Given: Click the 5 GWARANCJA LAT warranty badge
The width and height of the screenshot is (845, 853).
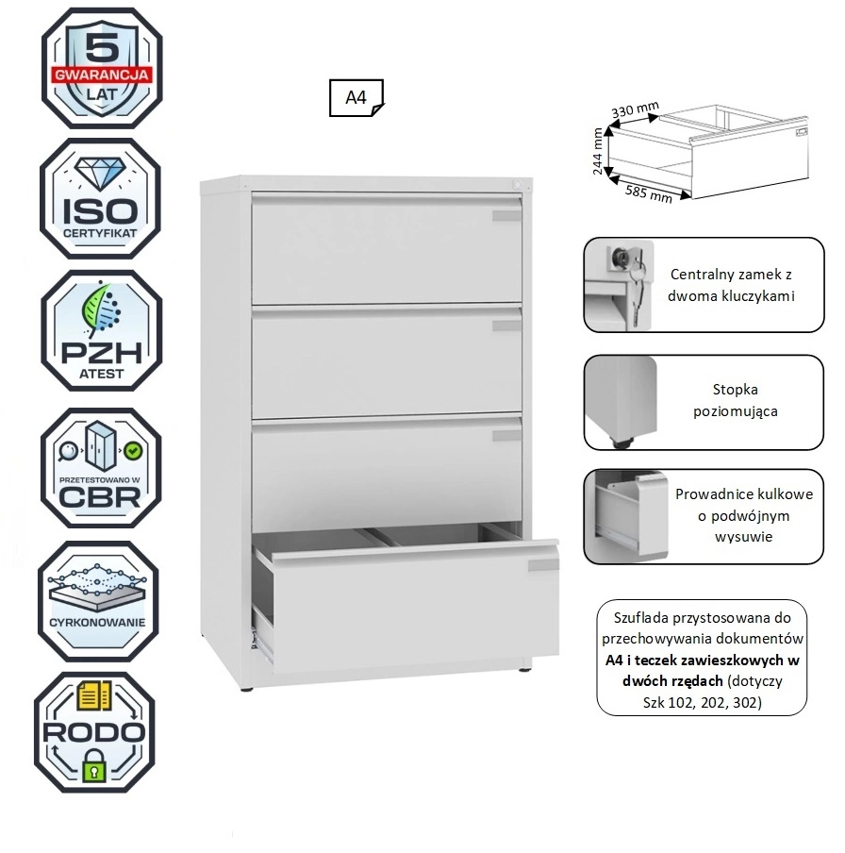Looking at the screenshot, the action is point(102,68).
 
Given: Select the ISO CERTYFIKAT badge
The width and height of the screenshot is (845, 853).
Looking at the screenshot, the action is point(101,198).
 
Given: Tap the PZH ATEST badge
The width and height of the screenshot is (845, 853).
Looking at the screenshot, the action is point(102,331).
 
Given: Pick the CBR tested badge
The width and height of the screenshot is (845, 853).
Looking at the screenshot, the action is point(101,468).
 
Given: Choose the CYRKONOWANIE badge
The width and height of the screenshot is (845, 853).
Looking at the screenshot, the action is point(98,601).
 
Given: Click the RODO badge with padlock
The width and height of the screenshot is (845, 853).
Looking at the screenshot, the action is point(95,732).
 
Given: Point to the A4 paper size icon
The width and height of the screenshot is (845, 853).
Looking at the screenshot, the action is point(356,98).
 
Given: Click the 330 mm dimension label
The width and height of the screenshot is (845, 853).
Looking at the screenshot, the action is point(635,109).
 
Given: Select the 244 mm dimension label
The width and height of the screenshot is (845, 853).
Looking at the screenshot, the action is point(598,151).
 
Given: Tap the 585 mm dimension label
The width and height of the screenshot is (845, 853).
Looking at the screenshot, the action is point(649,192).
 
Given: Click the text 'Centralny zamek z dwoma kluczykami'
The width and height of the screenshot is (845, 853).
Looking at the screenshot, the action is point(731,285).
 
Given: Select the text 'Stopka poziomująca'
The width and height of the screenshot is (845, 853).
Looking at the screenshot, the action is point(736,400).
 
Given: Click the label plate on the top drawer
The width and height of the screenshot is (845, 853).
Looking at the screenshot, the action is point(506,216).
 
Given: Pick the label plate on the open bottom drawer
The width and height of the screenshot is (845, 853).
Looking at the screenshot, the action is point(543,565).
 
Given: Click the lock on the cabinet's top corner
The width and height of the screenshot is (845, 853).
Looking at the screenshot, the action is point(517,185).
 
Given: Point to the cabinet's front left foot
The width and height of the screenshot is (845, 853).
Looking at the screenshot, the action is point(247,689).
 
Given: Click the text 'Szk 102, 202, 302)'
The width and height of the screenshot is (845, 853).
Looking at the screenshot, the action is point(702,702).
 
